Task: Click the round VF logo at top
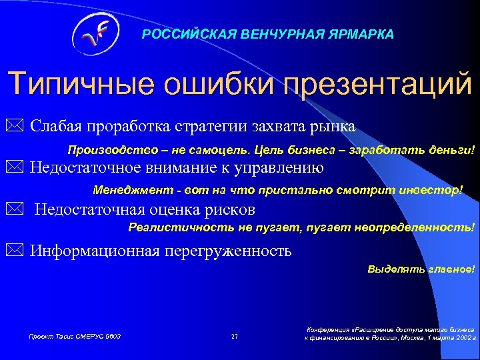pos(95,33)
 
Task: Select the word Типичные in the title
pos(77,86)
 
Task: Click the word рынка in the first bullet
pos(334,125)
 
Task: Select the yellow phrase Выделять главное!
pos(421,270)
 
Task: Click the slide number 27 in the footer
pos(234,336)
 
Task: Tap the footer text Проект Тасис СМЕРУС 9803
pos(74,336)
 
